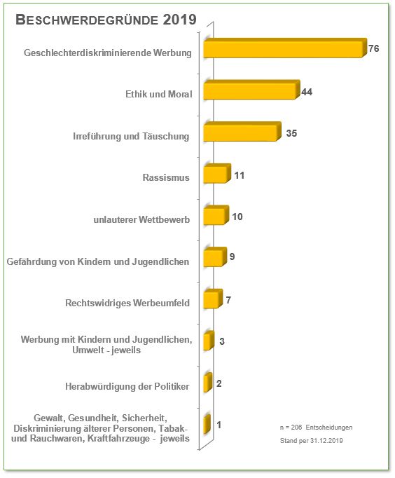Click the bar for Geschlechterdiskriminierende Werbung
(x=285, y=48)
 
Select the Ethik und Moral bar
(x=252, y=90)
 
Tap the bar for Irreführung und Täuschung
(x=242, y=131)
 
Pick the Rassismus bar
(x=217, y=173)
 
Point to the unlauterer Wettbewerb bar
(x=216, y=215)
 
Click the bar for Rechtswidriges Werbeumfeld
(x=213, y=299)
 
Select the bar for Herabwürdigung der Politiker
(x=208, y=382)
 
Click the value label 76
(x=374, y=48)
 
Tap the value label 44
(x=307, y=92)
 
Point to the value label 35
(x=291, y=133)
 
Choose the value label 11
(x=240, y=176)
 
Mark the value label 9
(x=232, y=257)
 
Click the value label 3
(x=222, y=341)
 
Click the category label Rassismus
(x=166, y=177)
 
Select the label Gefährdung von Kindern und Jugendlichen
(x=98, y=261)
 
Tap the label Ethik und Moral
(x=159, y=94)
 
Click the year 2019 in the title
(x=179, y=20)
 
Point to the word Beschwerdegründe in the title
(x=87, y=20)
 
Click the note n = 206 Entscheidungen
(x=316, y=428)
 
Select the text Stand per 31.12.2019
(x=311, y=441)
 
